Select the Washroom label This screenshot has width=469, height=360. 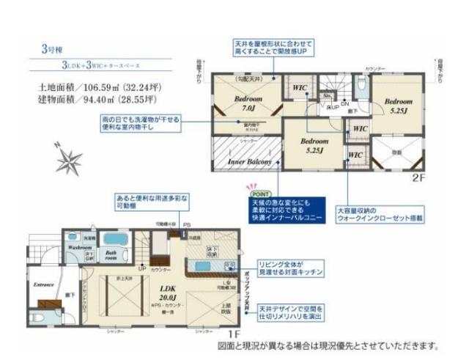point(80,248)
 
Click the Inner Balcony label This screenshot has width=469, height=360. point(249,161)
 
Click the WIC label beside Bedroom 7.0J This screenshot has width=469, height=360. point(299,89)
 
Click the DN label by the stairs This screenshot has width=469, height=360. point(344,104)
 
